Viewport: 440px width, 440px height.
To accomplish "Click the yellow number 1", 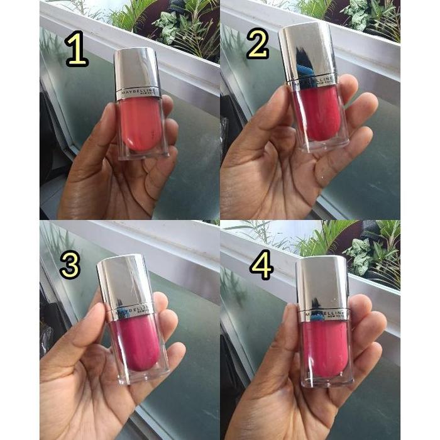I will (x=76, y=50).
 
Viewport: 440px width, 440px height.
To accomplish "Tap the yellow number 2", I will (x=257, y=44).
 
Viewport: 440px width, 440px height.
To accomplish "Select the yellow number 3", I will (x=69, y=265).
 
